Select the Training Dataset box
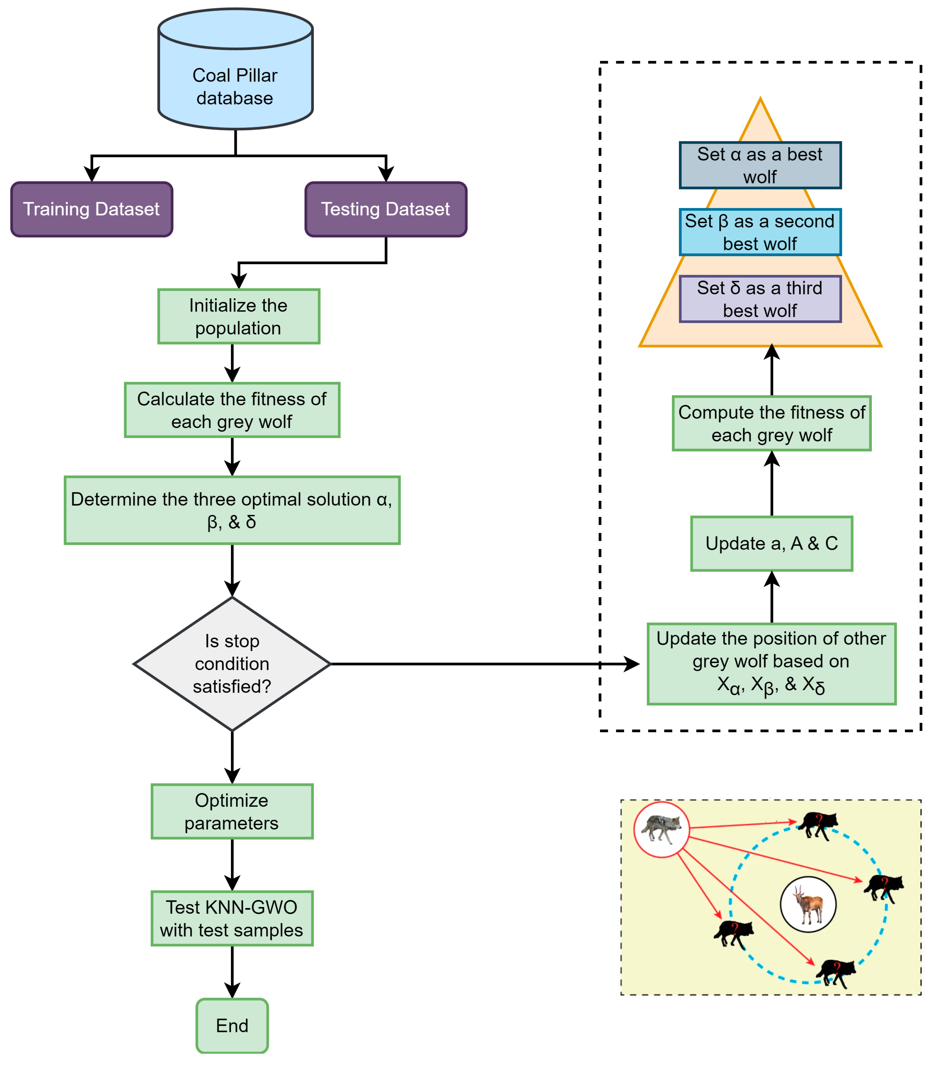[x=91, y=209]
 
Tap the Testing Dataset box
[x=386, y=209]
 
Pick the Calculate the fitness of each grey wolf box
[x=232, y=410]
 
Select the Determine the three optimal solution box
[x=232, y=510]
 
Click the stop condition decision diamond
[x=232, y=664]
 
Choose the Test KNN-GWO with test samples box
[x=232, y=919]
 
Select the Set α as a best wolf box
[x=760, y=165]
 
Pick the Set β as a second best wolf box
[x=760, y=232]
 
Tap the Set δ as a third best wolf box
[x=760, y=299]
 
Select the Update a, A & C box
[x=771, y=543]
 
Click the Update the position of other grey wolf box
[x=771, y=664]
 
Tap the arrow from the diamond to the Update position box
[x=483, y=664]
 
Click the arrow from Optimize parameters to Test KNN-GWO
[x=232, y=864]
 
